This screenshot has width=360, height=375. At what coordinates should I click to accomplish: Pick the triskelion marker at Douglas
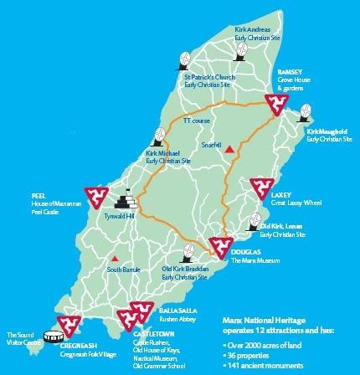pos(220,245)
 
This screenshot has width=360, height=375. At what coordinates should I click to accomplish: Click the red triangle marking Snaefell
pos(228,148)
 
